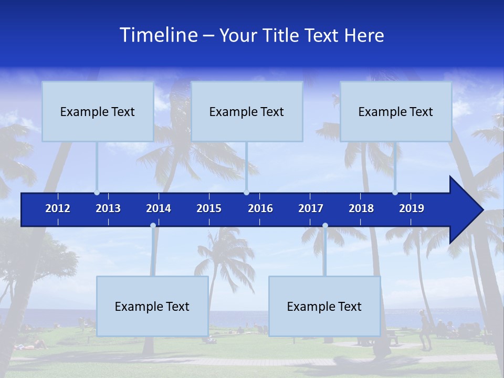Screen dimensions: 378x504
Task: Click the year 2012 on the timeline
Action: click(x=58, y=208)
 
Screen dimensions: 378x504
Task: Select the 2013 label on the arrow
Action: click(x=108, y=208)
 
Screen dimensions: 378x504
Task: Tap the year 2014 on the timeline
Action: click(x=159, y=208)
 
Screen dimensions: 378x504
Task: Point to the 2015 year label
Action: click(x=209, y=208)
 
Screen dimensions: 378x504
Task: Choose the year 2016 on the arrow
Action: click(x=260, y=208)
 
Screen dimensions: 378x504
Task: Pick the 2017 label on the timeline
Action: click(x=311, y=208)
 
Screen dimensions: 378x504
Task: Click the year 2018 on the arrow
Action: click(x=361, y=208)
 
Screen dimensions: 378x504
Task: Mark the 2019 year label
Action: click(x=412, y=208)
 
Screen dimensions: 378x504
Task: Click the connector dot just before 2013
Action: click(x=97, y=193)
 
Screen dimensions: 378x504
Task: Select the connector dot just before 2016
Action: click(x=246, y=193)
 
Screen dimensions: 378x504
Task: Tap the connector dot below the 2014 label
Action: click(x=153, y=226)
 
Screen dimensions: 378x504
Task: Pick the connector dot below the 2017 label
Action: click(x=325, y=226)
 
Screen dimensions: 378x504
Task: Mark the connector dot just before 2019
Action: click(x=395, y=193)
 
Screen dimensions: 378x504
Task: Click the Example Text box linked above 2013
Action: click(x=98, y=111)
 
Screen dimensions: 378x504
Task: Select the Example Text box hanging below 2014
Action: click(x=152, y=306)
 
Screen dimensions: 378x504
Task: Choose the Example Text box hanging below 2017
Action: click(x=324, y=306)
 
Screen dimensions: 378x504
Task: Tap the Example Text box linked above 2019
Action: click(x=396, y=111)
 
